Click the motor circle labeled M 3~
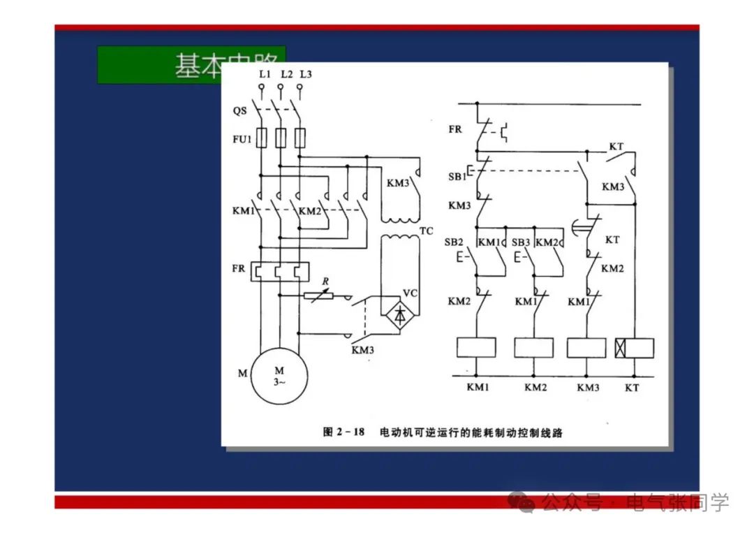[279, 377]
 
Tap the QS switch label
[240, 111]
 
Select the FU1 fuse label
[242, 139]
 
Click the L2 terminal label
[286, 74]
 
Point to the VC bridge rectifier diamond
[399, 316]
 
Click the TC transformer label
[426, 231]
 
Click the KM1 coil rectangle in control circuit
[476, 347]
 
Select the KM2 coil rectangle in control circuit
[533, 347]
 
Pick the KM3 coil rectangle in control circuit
[586, 347]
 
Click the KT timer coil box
[634, 347]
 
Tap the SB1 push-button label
[457, 177]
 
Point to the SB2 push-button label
[454, 242]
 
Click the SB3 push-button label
[520, 242]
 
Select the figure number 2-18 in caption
[344, 432]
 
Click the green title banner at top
[191, 65]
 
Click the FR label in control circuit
[455, 130]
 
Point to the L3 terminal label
[306, 74]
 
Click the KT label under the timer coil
[632, 387]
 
